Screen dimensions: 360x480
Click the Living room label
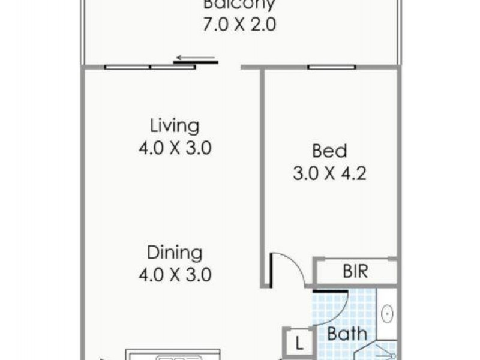pyautogui.click(x=175, y=127)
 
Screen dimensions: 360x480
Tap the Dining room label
pyautogui.click(x=175, y=252)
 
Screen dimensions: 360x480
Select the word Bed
pyautogui.click(x=329, y=151)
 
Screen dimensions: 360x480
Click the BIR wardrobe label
pyautogui.click(x=355, y=271)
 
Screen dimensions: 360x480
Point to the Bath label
pyautogui.click(x=346, y=334)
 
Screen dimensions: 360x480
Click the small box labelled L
pyautogui.click(x=298, y=344)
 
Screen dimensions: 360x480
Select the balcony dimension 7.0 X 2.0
pyautogui.click(x=239, y=26)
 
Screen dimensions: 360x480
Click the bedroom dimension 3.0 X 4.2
pyautogui.click(x=329, y=174)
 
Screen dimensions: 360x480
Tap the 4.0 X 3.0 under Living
pyautogui.click(x=175, y=148)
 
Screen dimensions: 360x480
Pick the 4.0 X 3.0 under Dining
pyautogui.click(x=175, y=275)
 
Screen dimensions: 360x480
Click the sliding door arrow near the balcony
pyautogui.click(x=194, y=59)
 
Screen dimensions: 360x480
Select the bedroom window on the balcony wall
pyautogui.click(x=331, y=67)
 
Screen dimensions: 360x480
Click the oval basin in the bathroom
pyautogui.click(x=388, y=313)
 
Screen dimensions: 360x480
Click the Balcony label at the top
pyautogui.click(x=239, y=5)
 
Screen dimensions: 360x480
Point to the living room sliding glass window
pyautogui.click(x=149, y=67)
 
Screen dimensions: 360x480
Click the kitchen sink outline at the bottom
pyautogui.click(x=178, y=358)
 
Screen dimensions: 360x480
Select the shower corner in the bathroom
pyautogui.click(x=384, y=350)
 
